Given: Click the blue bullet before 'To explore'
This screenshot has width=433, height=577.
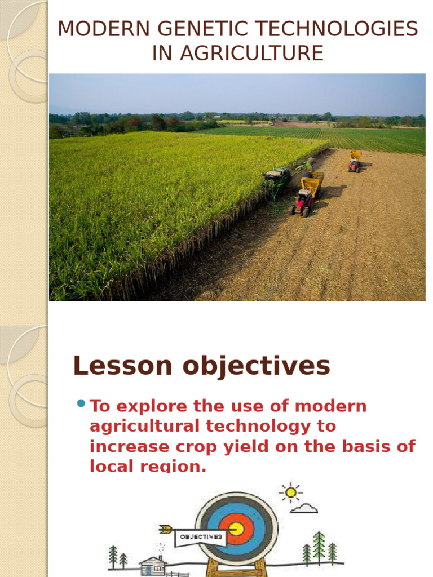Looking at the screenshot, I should [x=81, y=403].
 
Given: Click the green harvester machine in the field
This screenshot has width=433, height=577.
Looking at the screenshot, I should [x=278, y=177].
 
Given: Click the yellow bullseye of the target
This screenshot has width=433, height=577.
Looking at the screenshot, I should [x=236, y=529].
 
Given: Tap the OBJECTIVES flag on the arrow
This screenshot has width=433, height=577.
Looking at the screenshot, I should [x=200, y=537].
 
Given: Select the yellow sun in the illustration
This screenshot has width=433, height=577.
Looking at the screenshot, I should [x=290, y=492].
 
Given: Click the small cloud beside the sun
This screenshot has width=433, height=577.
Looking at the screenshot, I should [x=305, y=508].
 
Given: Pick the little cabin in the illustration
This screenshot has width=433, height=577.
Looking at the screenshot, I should [x=153, y=565].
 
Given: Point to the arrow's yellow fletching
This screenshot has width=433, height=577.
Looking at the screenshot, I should [x=165, y=529].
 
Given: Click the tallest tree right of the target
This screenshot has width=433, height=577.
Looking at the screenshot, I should [x=319, y=545].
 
